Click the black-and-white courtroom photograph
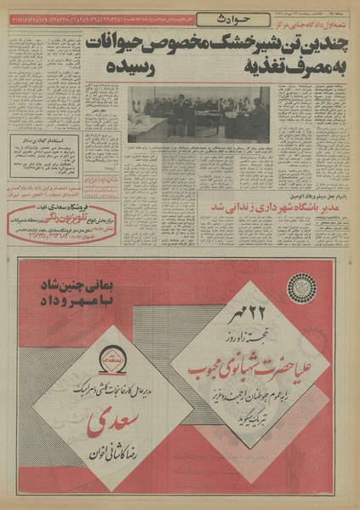(x=197, y=112)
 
